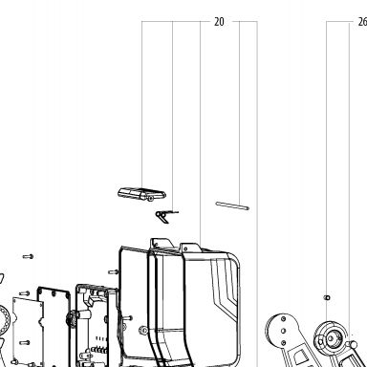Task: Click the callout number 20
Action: click(x=219, y=22)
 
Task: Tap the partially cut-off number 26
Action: click(x=362, y=22)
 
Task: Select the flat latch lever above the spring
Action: click(x=141, y=194)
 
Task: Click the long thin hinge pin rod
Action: click(x=232, y=205)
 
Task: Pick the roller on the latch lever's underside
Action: click(x=151, y=199)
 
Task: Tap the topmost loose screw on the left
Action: click(x=28, y=256)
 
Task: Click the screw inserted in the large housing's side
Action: click(x=114, y=272)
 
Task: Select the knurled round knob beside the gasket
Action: click(x=70, y=319)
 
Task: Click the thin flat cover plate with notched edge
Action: click(x=28, y=332)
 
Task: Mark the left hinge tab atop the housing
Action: click(x=162, y=244)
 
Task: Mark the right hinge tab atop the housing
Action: click(x=190, y=248)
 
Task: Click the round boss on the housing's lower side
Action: click(x=143, y=331)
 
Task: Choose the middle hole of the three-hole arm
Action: click(x=284, y=331)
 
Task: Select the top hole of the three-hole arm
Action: click(x=283, y=318)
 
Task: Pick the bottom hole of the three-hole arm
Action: click(x=284, y=343)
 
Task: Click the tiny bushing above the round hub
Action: click(x=327, y=298)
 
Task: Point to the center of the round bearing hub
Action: click(x=331, y=338)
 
